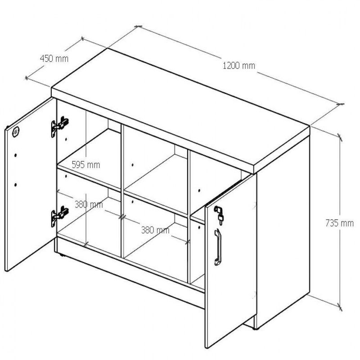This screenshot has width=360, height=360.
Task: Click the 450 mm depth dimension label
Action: (54, 58)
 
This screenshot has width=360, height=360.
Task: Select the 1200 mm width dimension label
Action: (239, 66)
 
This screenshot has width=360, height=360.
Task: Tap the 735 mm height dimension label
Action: (340, 223)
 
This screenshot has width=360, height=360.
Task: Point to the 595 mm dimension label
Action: (86, 165)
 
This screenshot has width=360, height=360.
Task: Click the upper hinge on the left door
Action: (60, 126)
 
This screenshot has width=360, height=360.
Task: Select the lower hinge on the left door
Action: (60, 216)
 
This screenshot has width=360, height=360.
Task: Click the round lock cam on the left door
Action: (16, 132)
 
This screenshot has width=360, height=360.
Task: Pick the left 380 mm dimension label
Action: (89, 204)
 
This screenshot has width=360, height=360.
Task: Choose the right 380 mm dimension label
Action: (155, 230)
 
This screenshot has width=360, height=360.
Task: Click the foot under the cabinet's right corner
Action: (255, 329)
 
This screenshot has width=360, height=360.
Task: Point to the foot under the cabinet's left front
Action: (61, 254)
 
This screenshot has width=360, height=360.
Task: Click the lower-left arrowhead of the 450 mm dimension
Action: (27, 78)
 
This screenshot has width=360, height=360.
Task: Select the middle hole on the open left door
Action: (15, 155)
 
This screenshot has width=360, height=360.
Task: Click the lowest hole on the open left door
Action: (15, 184)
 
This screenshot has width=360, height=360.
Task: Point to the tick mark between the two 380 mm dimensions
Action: (122, 217)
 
